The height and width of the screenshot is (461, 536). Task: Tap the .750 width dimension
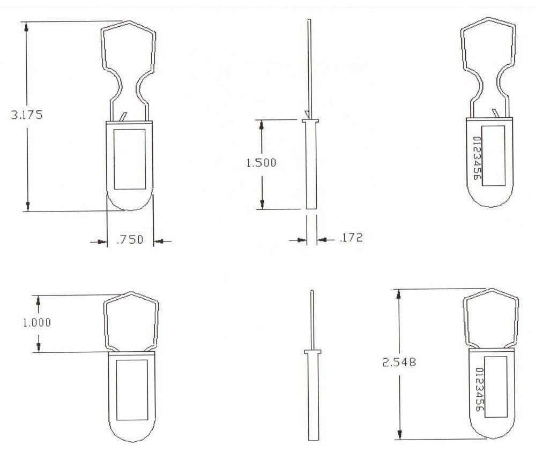pyautogui.click(x=130, y=240)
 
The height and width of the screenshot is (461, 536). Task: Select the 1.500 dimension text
pyautogui.click(x=261, y=163)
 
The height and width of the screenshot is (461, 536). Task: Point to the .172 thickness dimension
pyautogui.click(x=351, y=237)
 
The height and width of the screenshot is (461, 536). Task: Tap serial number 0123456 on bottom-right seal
pyautogui.click(x=480, y=391)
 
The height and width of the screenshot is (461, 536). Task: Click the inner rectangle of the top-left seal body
pyautogui.click(x=130, y=158)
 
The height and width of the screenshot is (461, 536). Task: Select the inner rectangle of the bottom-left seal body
pyautogui.click(x=132, y=389)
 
